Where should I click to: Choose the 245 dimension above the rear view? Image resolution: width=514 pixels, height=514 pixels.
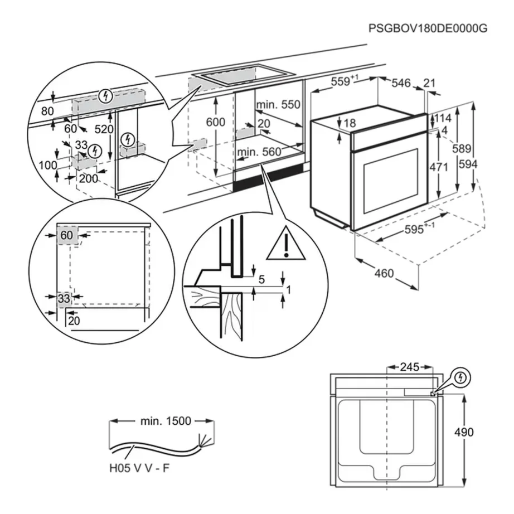pyautogui.click(x=409, y=367)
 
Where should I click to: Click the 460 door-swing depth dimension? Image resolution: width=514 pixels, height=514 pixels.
pyautogui.click(x=384, y=273)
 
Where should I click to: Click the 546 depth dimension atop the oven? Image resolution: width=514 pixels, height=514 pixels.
pyautogui.click(x=400, y=83)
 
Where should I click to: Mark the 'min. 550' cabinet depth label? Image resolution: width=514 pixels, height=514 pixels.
pyautogui.click(x=278, y=104)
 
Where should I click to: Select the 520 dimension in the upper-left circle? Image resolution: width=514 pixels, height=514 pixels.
pyautogui.click(x=104, y=129)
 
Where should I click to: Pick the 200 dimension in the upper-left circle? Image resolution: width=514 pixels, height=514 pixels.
pyautogui.click(x=88, y=178)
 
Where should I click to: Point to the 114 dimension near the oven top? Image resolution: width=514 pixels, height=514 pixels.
pyautogui.click(x=443, y=119)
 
